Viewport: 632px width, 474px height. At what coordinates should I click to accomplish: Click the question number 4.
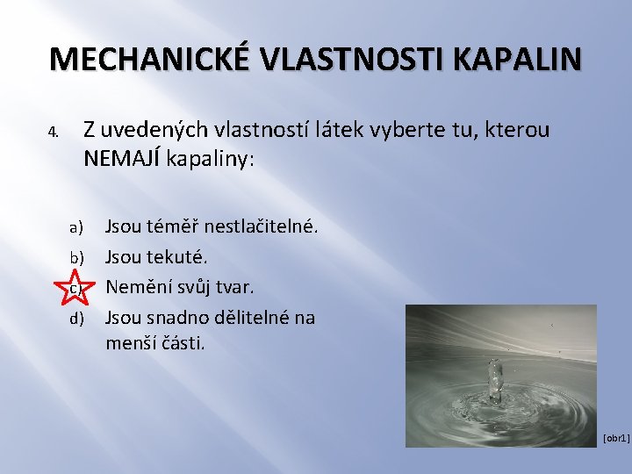[53, 133]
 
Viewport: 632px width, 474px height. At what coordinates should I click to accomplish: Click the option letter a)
[76, 228]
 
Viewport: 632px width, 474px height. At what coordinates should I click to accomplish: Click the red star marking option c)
[75, 287]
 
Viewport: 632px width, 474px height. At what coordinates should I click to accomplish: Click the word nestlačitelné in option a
[262, 227]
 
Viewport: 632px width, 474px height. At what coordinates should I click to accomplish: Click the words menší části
[155, 343]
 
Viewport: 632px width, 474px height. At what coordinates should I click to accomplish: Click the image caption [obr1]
[616, 437]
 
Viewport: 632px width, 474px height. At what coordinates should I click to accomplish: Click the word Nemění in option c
[135, 287]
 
